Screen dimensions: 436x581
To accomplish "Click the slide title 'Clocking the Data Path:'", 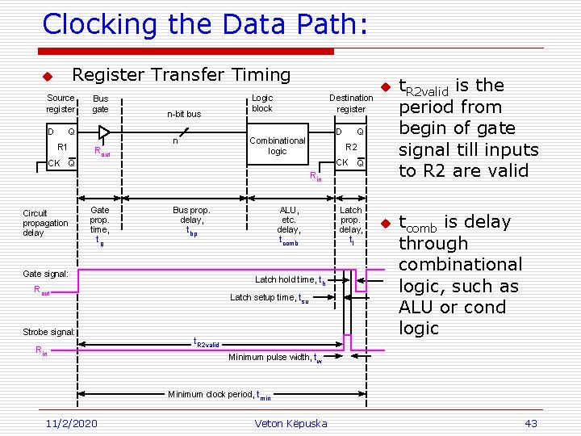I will [205, 24].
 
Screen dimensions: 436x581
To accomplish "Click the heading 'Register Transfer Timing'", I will [181, 75].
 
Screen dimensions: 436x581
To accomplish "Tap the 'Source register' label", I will [61, 103].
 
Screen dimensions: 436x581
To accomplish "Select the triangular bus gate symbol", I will [104, 133].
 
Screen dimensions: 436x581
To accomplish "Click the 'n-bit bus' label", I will [184, 114].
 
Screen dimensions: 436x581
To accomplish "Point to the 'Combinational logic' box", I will [277, 145].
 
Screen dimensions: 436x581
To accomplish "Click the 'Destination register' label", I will [351, 103].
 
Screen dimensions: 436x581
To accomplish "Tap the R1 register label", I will [62, 147].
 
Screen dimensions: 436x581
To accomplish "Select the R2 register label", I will [351, 147].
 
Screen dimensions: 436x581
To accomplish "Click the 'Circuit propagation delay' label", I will [45, 223].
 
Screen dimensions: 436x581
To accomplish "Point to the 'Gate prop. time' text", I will [99, 224].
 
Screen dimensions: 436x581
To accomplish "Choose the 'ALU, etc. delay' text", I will [289, 224].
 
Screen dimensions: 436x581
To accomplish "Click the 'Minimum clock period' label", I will [219, 395].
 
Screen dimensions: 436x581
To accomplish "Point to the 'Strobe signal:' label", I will [48, 332].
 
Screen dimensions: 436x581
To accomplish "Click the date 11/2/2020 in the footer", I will [72, 423].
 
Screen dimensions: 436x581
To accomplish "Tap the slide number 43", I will [530, 423].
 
